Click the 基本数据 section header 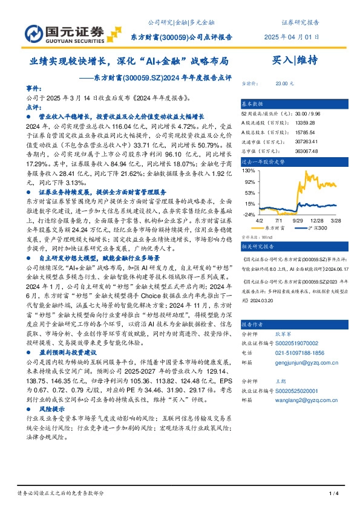pyautogui.click(x=252, y=103)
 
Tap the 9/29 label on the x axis pyautogui.click(x=298, y=221)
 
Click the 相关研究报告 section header pyautogui.click(x=257, y=247)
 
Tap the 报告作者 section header pyautogui.click(x=252, y=323)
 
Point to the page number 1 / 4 pyautogui.click(x=332, y=494)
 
